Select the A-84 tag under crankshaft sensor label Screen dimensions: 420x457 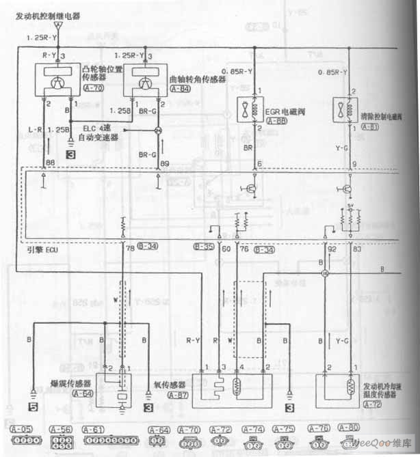pyautogui.click(x=180, y=88)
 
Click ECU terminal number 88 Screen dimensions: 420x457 pyautogui.click(x=49, y=163)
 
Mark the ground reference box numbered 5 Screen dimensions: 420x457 pyautogui.click(x=31, y=408)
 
